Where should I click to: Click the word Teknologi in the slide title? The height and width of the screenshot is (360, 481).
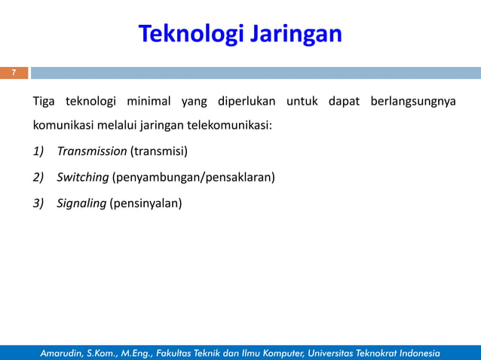189,34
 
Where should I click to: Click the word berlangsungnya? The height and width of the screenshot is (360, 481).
413,102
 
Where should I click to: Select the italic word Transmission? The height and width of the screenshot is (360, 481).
91,151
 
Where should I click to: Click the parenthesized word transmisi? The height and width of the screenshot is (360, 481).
159,151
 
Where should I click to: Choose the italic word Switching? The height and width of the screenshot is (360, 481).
82,177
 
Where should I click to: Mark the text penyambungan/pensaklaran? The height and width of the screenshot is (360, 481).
193,177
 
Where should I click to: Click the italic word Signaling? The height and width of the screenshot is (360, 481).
81,203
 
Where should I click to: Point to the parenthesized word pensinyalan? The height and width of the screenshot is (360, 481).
146,203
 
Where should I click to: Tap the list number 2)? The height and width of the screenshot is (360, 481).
38,177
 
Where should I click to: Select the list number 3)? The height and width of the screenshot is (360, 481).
38,203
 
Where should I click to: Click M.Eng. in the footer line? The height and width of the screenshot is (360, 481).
146,352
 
